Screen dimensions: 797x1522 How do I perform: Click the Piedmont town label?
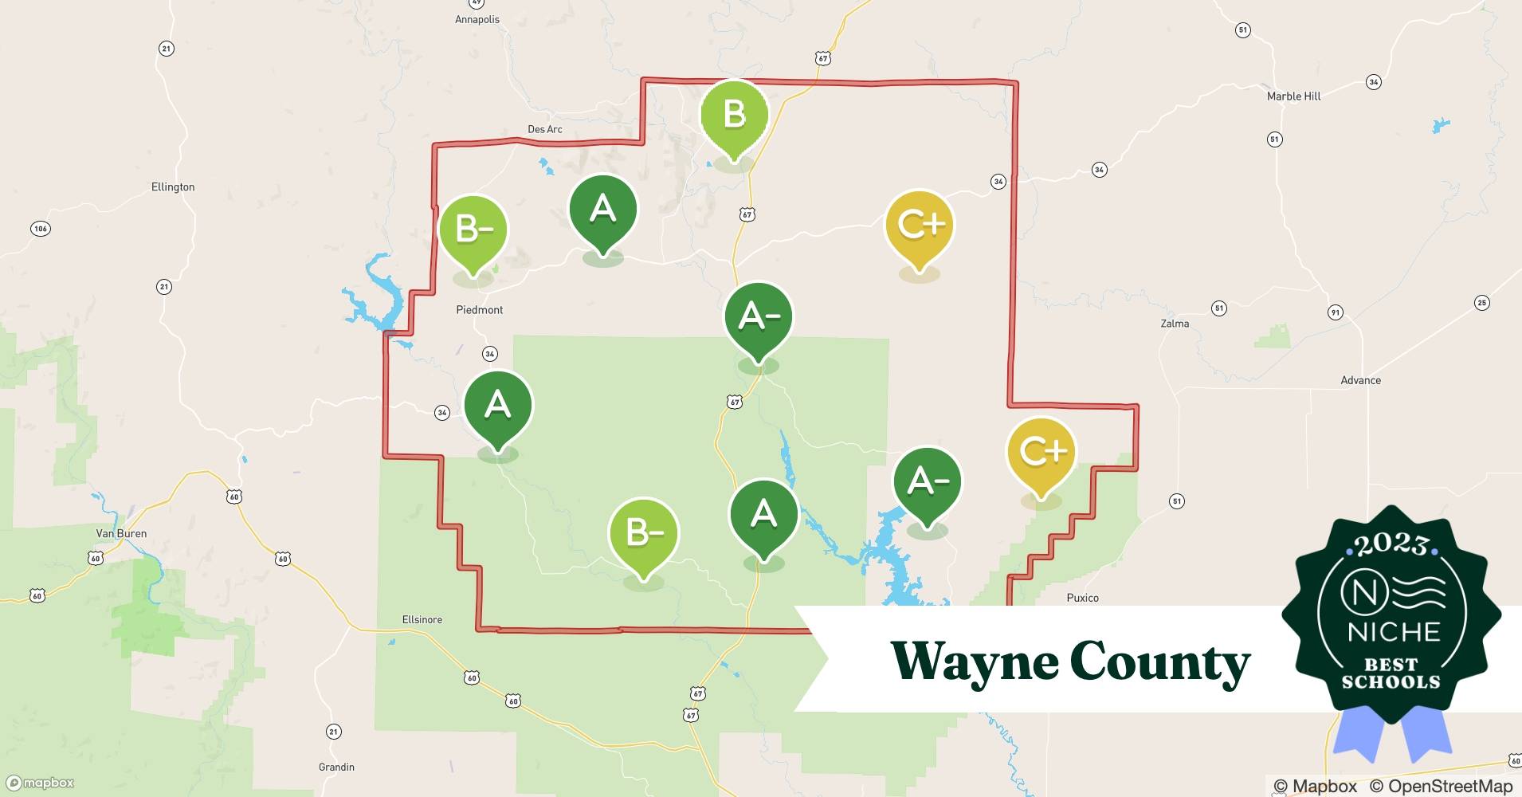pyautogui.click(x=479, y=310)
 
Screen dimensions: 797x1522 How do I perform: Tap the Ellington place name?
pyautogui.click(x=173, y=187)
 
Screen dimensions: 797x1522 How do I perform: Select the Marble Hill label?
pyautogui.click(x=1293, y=96)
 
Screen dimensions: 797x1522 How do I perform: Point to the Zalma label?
pyautogui.click(x=1175, y=324)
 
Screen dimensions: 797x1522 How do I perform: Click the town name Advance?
pyautogui.click(x=1360, y=380)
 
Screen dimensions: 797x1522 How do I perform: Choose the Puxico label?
pyautogui.click(x=1082, y=598)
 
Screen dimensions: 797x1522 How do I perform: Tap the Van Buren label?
pyautogui.click(x=121, y=533)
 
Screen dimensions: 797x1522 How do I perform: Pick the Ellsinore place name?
pyautogui.click(x=422, y=619)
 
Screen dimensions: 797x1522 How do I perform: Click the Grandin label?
pyautogui.click(x=336, y=767)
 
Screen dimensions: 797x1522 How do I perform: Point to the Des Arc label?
pyautogui.click(x=545, y=129)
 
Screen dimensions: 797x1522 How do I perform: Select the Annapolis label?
pyautogui.click(x=477, y=19)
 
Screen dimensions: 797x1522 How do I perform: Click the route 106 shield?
pyautogui.click(x=40, y=229)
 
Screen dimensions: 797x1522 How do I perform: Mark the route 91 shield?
pyautogui.click(x=1336, y=312)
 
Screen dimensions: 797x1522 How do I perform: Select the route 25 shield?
pyautogui.click(x=1481, y=302)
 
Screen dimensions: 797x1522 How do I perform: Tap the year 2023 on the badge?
pyautogui.click(x=1391, y=544)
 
